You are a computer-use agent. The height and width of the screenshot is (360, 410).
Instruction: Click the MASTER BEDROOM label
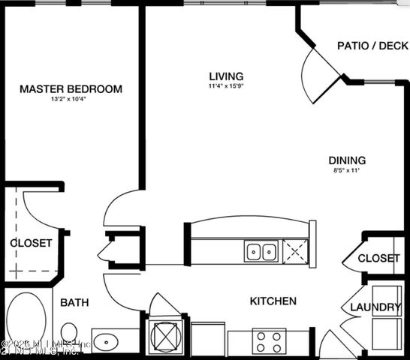(71, 89)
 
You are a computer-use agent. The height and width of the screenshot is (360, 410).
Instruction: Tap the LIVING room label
(226, 76)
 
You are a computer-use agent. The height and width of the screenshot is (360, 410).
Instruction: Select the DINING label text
(347, 160)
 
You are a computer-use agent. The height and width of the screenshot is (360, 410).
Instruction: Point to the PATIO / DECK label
(372, 45)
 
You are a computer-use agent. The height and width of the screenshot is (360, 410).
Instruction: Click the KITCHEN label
(273, 301)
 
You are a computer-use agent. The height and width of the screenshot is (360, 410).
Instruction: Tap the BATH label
(74, 303)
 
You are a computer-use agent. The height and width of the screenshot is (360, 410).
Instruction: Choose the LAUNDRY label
(375, 307)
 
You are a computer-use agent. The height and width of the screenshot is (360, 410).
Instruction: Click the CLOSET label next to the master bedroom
(31, 243)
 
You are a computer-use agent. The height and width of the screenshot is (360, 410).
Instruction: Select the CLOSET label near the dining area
(378, 258)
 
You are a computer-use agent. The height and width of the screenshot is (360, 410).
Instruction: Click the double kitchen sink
(261, 251)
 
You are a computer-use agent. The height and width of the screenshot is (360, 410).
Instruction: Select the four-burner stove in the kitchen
(268, 342)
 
